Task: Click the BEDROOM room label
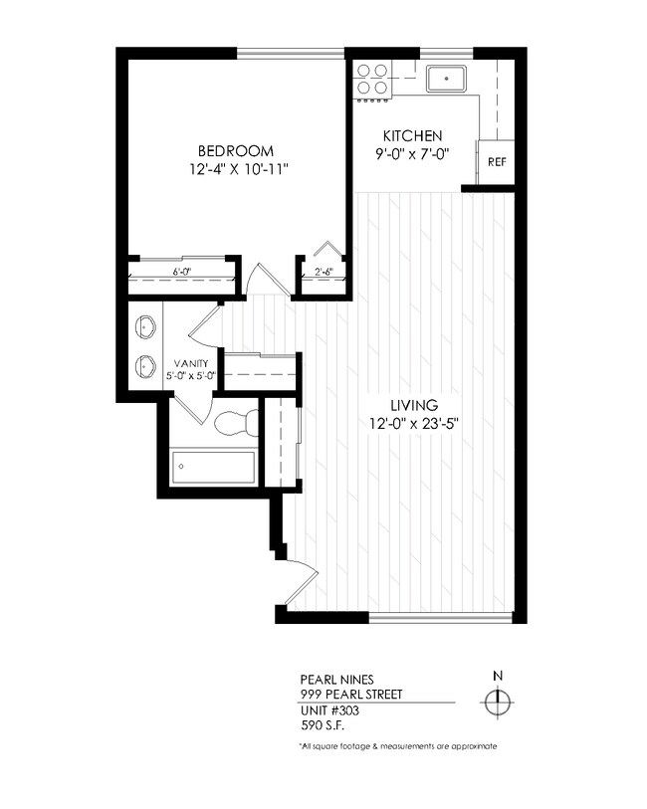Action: point(235,150)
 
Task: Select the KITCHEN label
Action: point(413,136)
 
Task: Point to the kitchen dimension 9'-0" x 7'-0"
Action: point(413,154)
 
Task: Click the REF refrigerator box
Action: point(496,160)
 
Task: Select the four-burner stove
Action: point(372,79)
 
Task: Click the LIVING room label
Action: point(415,405)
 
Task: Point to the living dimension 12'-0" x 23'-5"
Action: point(415,423)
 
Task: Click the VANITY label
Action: point(191,363)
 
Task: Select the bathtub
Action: point(213,465)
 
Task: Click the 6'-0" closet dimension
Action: point(181,271)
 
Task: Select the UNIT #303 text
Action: point(329,710)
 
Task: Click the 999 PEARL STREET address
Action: point(350,695)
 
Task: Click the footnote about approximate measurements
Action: point(397,745)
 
